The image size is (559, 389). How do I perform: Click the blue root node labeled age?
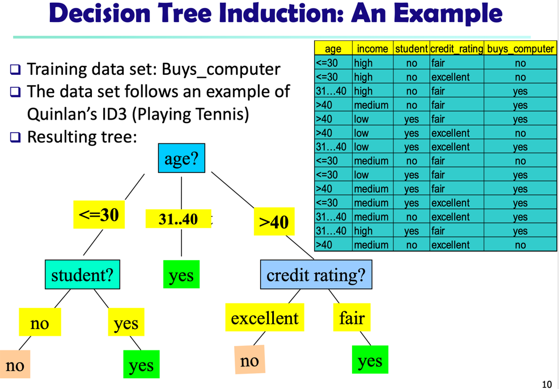[181, 158]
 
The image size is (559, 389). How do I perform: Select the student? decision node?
[82, 275]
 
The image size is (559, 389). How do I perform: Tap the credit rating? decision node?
[316, 275]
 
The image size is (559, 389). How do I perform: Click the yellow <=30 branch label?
[99, 215]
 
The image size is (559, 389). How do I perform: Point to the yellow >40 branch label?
[274, 222]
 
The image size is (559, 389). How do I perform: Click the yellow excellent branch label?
[264, 318]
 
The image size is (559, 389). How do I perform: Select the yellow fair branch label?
[352, 318]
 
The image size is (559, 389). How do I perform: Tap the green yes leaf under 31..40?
[181, 275]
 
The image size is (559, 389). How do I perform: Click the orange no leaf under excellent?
[249, 361]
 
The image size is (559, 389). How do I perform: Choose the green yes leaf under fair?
[370, 360]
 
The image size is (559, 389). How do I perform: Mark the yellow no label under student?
[40, 323]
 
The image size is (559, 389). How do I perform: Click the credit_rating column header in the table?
[456, 49]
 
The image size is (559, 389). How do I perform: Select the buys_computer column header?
[520, 49]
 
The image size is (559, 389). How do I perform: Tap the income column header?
[372, 49]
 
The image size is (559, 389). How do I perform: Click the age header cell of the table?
[333, 49]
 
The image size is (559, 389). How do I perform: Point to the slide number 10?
[547, 384]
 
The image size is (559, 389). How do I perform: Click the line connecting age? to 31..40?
[181, 193]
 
